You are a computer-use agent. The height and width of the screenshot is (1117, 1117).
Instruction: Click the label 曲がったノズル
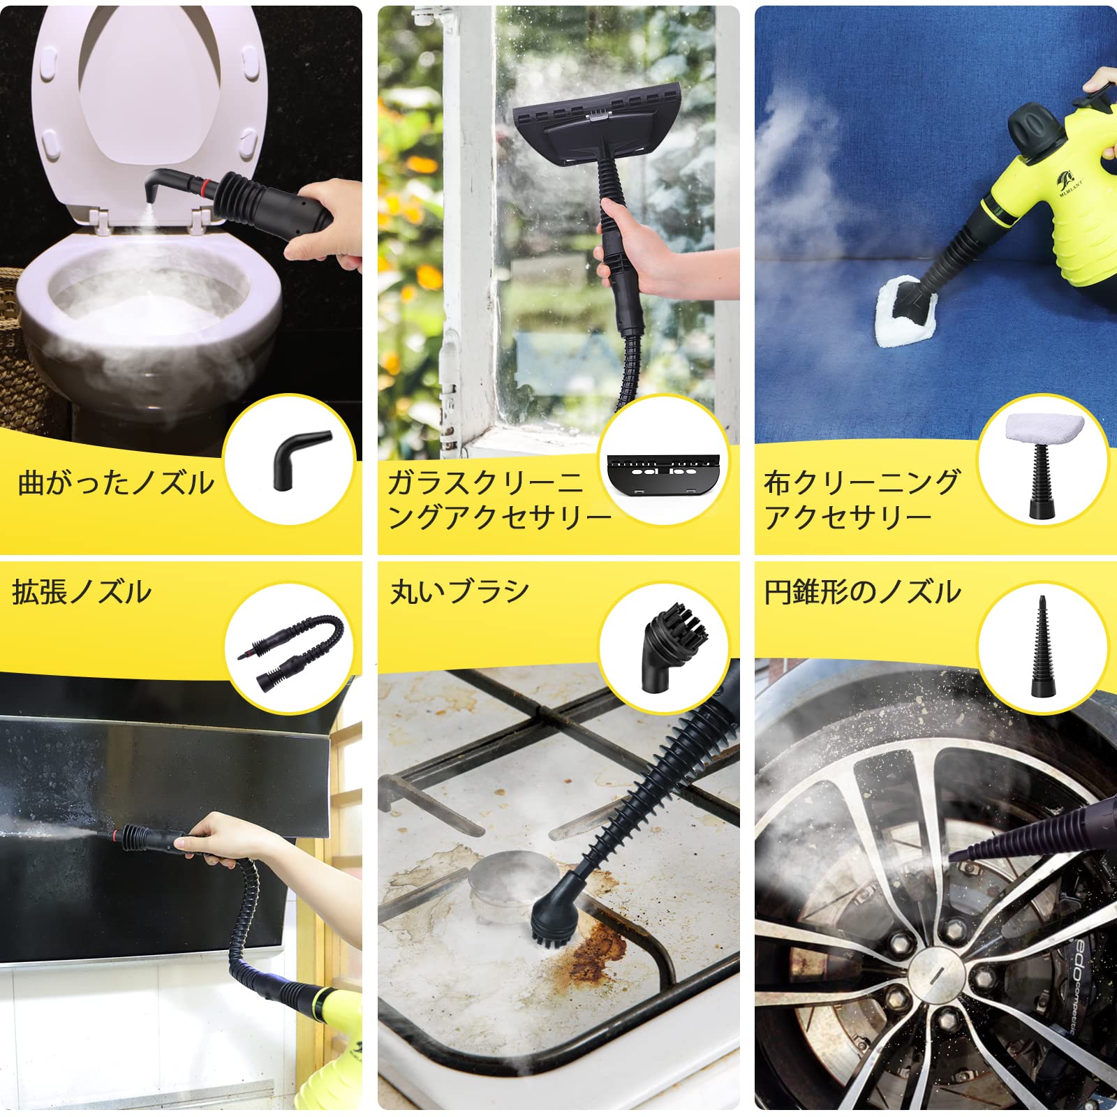click(x=116, y=483)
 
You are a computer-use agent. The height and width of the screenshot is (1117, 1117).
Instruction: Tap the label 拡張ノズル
click(x=82, y=592)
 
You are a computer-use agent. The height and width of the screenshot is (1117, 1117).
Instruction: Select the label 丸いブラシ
click(x=459, y=592)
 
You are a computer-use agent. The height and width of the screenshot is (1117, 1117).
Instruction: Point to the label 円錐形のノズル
click(x=862, y=592)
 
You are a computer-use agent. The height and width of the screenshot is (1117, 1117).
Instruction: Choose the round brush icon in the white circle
click(x=664, y=646)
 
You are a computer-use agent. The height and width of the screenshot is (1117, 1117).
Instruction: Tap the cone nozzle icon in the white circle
click(x=1042, y=646)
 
